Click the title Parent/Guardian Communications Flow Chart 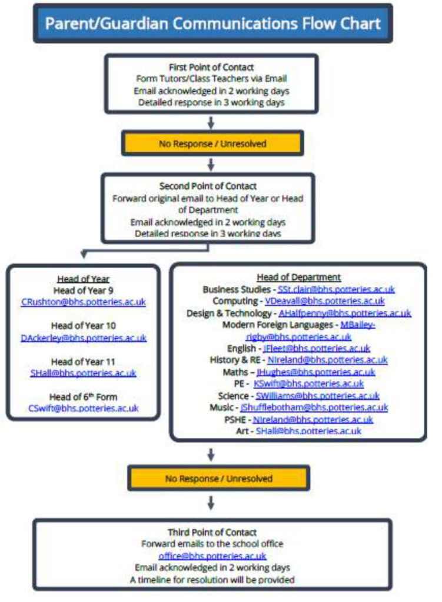[x=212, y=24]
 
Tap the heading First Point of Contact [x=212, y=67]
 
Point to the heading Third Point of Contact [x=212, y=533]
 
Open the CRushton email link [x=83, y=302]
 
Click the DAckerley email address [x=83, y=337]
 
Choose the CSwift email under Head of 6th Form [x=83, y=408]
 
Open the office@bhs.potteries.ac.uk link [x=212, y=556]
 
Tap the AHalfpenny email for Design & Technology [x=344, y=313]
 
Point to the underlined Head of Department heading [x=298, y=277]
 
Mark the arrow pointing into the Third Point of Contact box [x=212, y=502]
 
